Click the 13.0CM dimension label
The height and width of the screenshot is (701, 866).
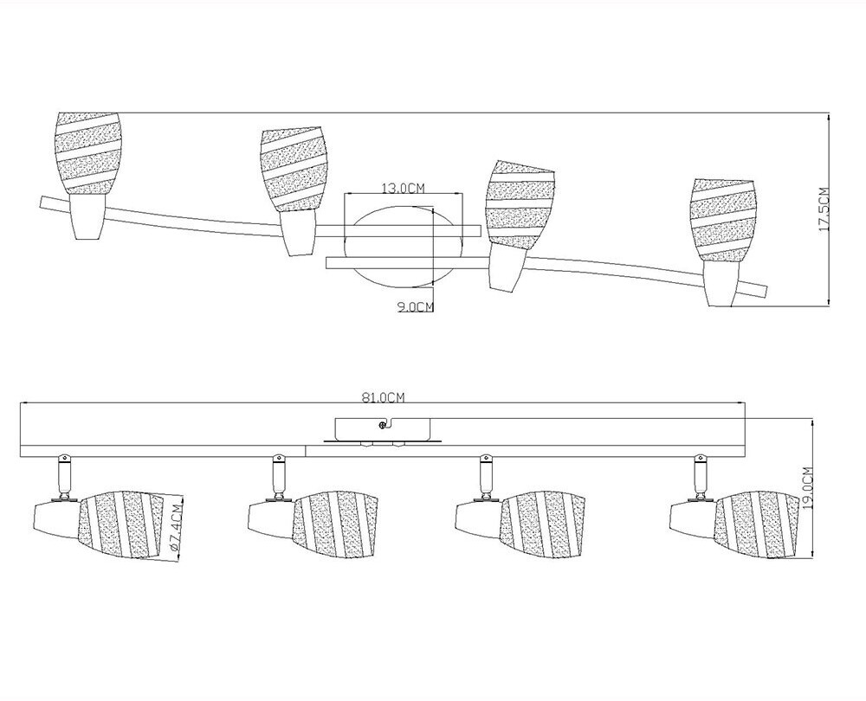tap(403, 188)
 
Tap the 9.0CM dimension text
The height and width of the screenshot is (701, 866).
tap(415, 305)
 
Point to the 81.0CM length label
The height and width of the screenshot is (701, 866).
tap(383, 398)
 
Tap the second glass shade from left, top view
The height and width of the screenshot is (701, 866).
tap(295, 168)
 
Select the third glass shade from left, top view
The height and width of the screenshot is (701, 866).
tap(518, 204)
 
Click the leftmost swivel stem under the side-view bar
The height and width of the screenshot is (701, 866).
tap(63, 473)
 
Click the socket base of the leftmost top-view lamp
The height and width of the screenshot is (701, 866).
tap(87, 215)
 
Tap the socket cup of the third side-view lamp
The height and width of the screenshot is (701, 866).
tap(475, 518)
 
